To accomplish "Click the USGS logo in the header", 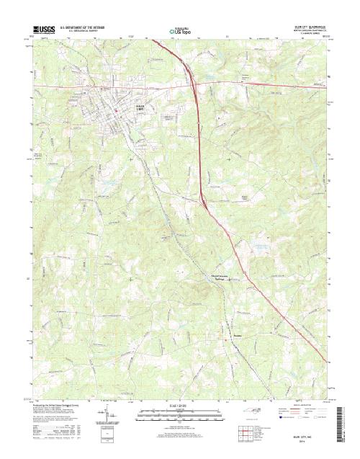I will (x=43, y=30).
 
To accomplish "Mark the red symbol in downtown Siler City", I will (x=116, y=110).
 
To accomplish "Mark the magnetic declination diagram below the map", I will (x=108, y=418).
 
